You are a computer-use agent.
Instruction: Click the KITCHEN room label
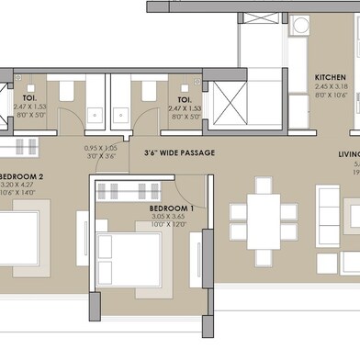[329, 77]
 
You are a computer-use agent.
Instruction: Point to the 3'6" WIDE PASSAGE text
[179, 152]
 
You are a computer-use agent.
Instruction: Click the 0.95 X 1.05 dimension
[102, 148]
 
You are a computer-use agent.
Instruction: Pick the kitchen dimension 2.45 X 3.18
[329, 86]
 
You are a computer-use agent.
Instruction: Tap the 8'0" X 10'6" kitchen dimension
[329, 95]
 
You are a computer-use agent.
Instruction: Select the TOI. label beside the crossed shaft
[184, 98]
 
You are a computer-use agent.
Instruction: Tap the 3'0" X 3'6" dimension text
[102, 156]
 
